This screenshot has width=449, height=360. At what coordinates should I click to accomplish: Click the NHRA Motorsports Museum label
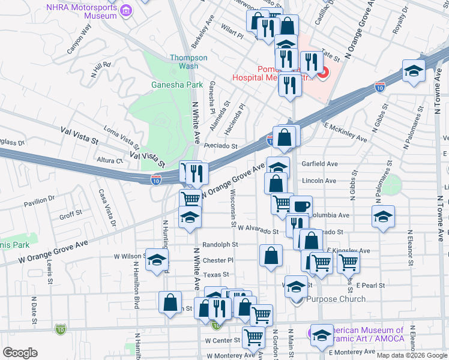82,11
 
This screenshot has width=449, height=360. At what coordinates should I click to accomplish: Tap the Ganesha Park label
177,85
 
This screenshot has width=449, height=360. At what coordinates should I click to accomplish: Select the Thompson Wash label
188,62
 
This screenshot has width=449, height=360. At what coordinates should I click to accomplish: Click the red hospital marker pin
322,74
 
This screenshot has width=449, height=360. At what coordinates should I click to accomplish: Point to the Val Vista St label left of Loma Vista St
79,136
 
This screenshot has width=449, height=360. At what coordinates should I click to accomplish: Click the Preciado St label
220,146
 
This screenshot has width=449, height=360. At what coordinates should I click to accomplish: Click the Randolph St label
220,245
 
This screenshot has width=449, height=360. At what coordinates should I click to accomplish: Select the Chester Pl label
218,260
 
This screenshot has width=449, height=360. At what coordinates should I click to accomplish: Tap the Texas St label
216,274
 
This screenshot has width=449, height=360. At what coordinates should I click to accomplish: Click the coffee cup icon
301,206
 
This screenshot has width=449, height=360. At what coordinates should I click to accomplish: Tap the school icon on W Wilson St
157,260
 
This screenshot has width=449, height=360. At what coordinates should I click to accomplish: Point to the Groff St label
70,214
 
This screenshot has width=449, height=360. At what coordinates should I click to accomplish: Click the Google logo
20,353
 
